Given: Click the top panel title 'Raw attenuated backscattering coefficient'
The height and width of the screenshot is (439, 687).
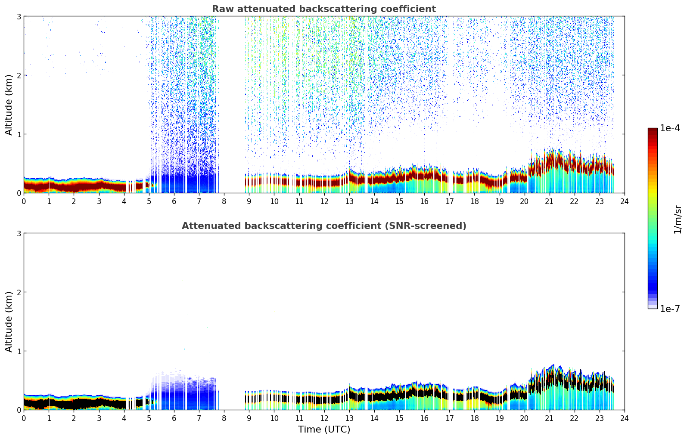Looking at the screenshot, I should (x=323, y=9).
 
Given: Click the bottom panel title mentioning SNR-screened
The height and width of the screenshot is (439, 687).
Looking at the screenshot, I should (x=323, y=226).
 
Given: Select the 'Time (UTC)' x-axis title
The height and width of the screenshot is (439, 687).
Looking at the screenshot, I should (x=324, y=430).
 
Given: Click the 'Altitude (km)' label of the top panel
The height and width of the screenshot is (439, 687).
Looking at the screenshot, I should (x=9, y=105).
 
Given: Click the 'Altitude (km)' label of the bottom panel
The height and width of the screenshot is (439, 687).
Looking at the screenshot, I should (x=9, y=322).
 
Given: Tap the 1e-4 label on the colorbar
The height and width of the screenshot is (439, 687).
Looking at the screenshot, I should (x=670, y=128).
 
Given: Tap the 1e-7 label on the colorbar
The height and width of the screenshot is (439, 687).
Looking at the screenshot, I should (x=670, y=309).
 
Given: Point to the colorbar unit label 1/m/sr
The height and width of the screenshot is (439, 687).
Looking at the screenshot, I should (x=678, y=219).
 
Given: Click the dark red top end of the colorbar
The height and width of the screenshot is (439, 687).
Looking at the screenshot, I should (x=652, y=130).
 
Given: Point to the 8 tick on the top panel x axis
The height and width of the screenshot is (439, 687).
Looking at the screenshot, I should (x=224, y=201).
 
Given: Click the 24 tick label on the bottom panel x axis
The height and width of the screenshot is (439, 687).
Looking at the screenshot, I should (x=624, y=418).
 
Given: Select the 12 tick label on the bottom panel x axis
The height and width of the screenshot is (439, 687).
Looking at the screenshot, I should (x=324, y=418).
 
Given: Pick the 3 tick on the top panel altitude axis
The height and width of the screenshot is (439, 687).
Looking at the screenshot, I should (x=19, y=16).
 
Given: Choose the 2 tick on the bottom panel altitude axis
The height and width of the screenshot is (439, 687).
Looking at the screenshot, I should (x=19, y=292).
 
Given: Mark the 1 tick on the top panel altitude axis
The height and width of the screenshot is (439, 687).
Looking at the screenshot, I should (x=19, y=134).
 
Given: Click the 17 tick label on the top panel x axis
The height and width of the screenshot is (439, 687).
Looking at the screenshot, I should (x=449, y=201).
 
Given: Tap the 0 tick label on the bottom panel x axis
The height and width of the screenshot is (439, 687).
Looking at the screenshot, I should (x=24, y=418).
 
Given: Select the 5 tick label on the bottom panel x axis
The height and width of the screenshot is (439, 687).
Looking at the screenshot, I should (x=149, y=418).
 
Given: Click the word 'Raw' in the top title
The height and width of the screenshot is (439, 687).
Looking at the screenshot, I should (x=221, y=9).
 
